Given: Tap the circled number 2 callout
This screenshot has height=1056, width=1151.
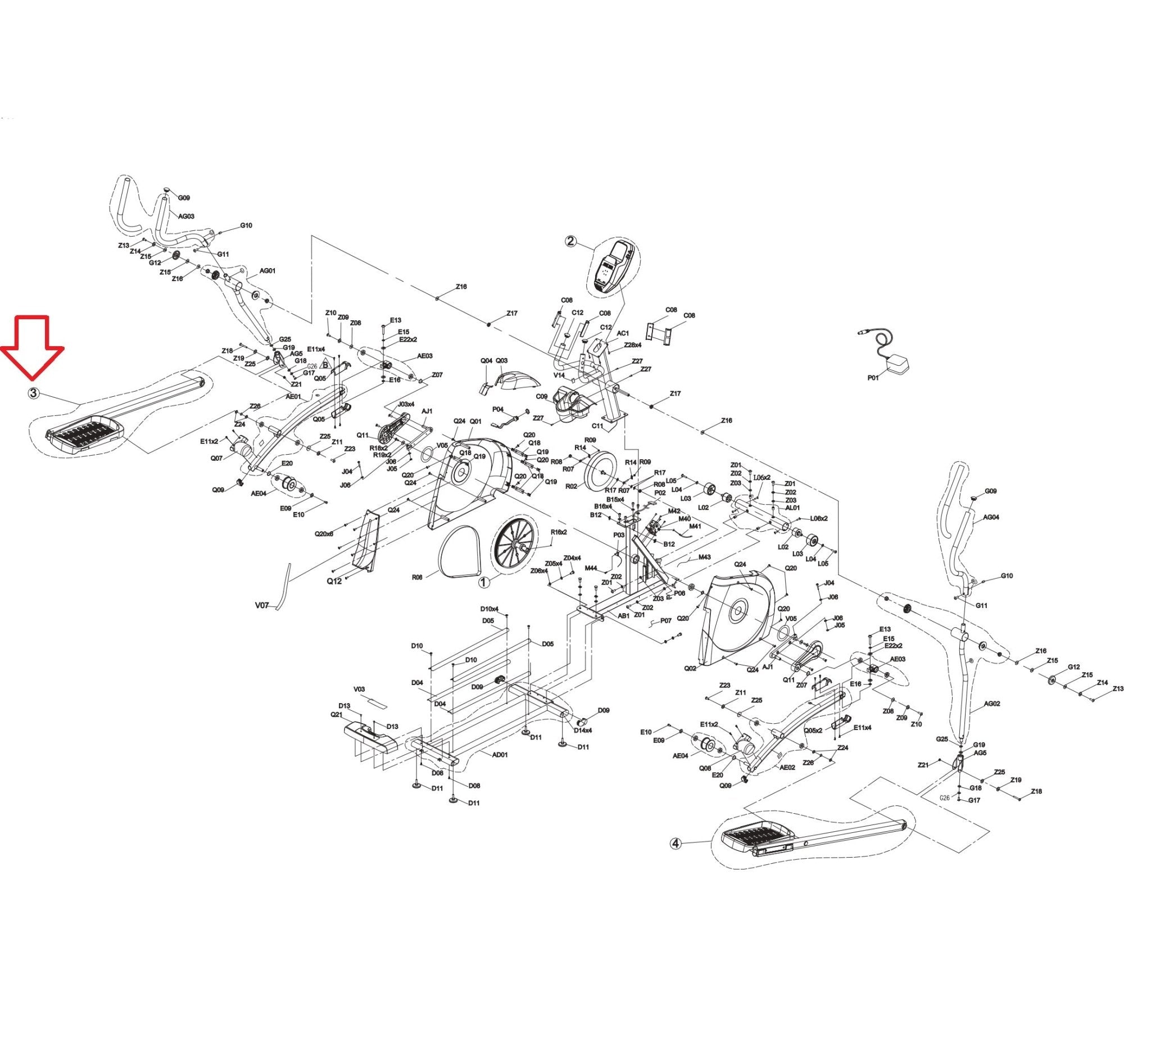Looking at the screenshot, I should click(x=571, y=241).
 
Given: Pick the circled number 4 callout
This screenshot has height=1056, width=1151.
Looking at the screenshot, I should click(x=676, y=844).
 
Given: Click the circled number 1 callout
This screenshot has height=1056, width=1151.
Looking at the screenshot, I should click(x=484, y=582).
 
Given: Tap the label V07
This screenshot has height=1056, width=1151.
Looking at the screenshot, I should click(x=262, y=605).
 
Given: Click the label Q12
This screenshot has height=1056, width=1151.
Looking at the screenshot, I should click(x=334, y=581).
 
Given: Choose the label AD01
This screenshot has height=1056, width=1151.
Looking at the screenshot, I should click(x=500, y=754).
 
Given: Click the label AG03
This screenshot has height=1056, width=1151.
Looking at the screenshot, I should click(x=187, y=216).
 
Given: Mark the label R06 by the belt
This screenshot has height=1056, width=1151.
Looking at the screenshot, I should click(x=417, y=577).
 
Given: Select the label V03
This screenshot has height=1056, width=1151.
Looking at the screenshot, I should click(x=359, y=689).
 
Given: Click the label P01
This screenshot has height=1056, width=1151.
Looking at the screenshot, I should click(x=873, y=378).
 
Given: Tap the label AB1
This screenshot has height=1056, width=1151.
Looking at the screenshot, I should click(x=623, y=616).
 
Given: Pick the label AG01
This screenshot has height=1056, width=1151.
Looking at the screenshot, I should click(x=268, y=271).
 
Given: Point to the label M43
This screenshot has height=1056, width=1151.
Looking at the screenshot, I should click(x=705, y=557).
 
